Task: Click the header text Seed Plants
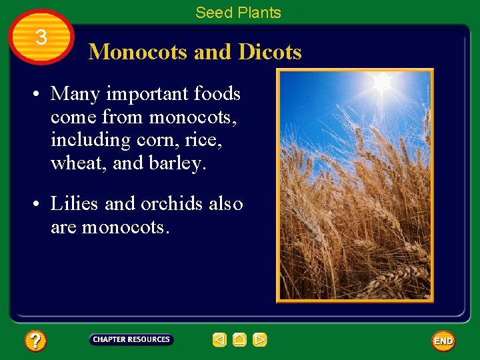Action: pyautogui.click(x=238, y=13)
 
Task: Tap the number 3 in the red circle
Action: pyautogui.click(x=41, y=37)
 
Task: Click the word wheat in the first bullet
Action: pyautogui.click(x=75, y=164)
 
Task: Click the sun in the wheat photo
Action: pyautogui.click(x=382, y=83)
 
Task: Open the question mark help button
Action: pyautogui.click(x=35, y=341)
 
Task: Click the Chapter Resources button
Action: pyautogui.click(x=131, y=340)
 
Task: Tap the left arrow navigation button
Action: pyautogui.click(x=219, y=340)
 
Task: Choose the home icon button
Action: pyautogui.click(x=240, y=340)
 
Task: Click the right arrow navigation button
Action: pyautogui.click(x=260, y=340)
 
